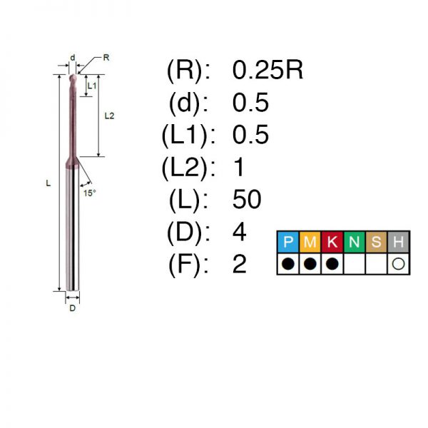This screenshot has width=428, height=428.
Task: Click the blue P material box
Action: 288,242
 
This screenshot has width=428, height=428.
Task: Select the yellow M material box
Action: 310,242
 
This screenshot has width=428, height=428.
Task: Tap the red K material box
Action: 332,242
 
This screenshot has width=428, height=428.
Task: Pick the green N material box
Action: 355,242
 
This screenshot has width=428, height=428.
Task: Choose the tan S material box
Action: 377,242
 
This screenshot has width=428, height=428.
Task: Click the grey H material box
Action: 398,242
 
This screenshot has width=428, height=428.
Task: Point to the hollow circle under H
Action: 398,264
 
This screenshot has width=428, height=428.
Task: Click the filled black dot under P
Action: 288,264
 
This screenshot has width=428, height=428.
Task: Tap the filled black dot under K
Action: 332,264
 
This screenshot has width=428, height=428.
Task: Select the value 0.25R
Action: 267,70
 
